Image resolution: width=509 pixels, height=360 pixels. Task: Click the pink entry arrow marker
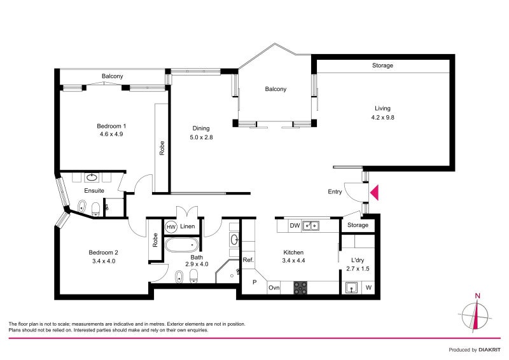(374, 193)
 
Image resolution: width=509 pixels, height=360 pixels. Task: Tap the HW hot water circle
(171, 227)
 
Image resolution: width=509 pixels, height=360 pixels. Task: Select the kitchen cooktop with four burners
(300, 287)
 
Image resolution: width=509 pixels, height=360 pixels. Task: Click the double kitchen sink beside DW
(310, 226)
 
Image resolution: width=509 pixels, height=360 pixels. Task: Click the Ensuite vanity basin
(92, 177)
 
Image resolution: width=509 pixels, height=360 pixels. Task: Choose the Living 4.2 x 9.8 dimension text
(383, 118)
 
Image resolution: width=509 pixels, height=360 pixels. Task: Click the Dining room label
(201, 128)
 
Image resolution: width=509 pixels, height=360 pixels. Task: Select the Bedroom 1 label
(111, 126)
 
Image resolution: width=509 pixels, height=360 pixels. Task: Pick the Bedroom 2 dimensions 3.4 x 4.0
(104, 261)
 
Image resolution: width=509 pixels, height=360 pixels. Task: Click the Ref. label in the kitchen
(248, 260)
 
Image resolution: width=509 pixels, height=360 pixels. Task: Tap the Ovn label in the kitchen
(274, 287)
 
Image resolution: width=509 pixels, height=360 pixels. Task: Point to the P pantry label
(254, 282)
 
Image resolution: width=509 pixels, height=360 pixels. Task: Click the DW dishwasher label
(295, 226)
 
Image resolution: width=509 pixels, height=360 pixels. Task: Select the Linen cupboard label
(187, 226)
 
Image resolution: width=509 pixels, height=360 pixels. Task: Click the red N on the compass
(478, 296)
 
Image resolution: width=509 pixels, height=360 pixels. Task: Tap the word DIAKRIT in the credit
(489, 350)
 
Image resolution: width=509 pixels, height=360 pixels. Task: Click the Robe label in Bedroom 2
(155, 240)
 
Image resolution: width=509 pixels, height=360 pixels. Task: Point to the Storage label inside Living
(382, 66)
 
